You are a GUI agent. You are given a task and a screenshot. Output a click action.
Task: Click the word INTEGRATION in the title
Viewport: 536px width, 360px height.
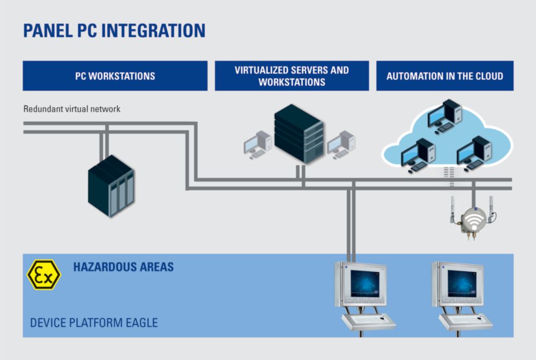point(153,31)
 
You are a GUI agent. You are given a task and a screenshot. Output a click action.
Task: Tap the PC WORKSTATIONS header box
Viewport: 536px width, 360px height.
point(115,76)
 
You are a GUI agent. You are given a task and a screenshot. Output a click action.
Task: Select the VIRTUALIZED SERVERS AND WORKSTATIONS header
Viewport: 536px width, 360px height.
point(292,76)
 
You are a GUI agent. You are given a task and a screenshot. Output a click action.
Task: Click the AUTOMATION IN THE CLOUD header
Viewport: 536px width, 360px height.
point(445,76)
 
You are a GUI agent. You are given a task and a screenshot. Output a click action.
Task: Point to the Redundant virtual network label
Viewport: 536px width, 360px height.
point(72,109)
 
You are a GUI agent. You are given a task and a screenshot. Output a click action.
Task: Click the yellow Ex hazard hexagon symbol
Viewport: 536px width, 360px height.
point(44,275)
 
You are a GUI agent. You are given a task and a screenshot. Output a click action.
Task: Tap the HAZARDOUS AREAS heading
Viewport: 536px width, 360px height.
point(123,267)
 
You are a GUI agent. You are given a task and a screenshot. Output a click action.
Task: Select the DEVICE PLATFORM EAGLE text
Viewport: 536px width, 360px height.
point(94,323)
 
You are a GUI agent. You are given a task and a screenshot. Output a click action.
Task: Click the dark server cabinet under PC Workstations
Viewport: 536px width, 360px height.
point(111,186)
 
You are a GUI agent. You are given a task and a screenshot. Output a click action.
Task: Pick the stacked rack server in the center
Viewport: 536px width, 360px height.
point(299,134)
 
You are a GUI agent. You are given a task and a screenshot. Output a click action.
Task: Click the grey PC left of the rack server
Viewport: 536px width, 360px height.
point(258,145)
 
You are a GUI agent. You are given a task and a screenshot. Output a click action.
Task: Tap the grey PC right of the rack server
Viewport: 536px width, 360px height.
point(341,145)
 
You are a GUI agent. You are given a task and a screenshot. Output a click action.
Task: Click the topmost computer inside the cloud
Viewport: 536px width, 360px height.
point(445,116)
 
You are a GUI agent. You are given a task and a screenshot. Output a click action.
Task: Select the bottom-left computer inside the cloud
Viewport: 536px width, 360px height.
point(418,155)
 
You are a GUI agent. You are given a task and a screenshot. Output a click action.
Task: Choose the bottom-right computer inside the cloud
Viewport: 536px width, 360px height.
point(474,153)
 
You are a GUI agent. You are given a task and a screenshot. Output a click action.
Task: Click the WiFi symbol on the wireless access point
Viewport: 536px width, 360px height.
point(473,221)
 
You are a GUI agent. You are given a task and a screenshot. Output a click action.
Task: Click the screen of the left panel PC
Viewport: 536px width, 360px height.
point(364,283)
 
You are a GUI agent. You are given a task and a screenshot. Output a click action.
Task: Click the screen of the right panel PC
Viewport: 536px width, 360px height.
point(462,283)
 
